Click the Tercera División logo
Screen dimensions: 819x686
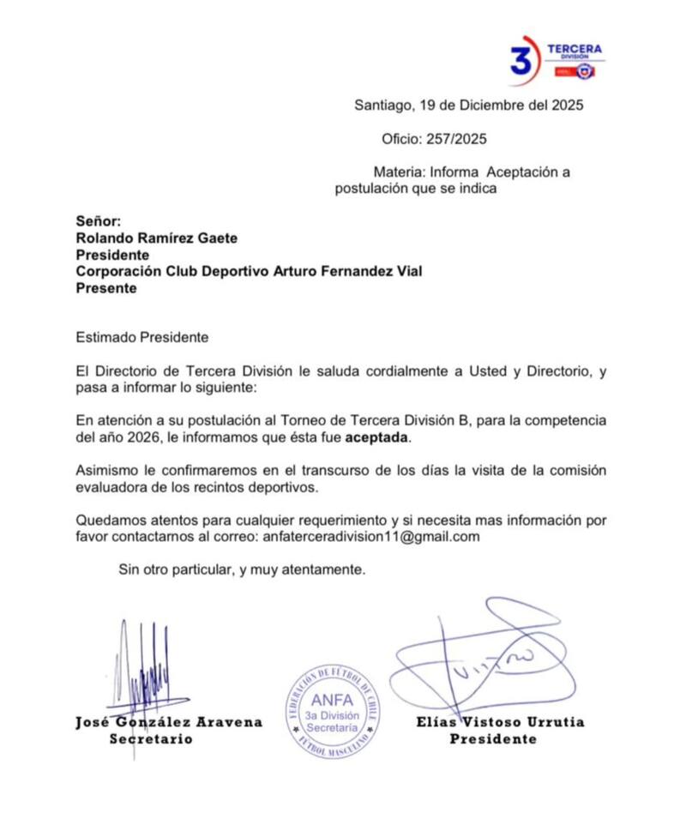(556, 59)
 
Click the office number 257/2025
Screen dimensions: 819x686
(462, 137)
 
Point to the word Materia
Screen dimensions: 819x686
(399, 172)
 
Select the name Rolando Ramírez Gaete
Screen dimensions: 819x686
(156, 238)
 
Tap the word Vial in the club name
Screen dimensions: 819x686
(406, 271)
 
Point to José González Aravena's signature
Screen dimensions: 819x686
(141, 673)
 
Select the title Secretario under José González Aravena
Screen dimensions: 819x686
(151, 739)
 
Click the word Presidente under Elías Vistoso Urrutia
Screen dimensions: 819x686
(493, 739)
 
